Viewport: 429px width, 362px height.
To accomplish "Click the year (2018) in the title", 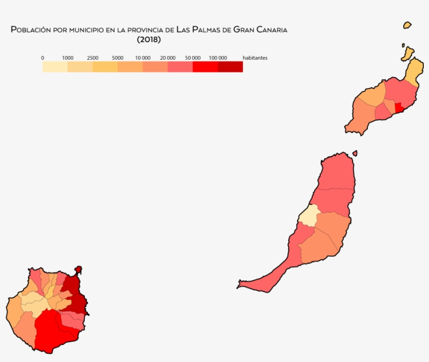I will [x=149, y=39].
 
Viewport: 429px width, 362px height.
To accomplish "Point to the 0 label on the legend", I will [x=42, y=58].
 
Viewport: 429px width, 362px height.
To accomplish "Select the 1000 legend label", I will [x=67, y=58].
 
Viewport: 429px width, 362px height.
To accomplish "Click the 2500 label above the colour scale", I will [x=93, y=58].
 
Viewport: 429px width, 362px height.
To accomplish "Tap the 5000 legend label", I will [x=118, y=58].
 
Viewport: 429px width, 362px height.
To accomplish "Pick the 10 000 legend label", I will [x=143, y=58].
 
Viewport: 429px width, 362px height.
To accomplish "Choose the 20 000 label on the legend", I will [x=168, y=58].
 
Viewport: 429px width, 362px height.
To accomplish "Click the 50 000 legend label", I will [x=193, y=58].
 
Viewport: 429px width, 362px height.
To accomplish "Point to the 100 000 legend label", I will [x=218, y=58].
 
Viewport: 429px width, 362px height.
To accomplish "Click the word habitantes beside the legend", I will [x=255, y=58].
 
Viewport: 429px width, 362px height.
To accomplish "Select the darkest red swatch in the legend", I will [x=230, y=67].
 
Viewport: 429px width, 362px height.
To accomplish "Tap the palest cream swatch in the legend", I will [x=55, y=67].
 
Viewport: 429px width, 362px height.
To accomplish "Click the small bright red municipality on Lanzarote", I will [x=400, y=107].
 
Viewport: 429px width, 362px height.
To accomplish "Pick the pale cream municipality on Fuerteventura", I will [x=309, y=216].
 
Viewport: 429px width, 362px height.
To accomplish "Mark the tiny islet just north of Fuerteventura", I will [x=355, y=153].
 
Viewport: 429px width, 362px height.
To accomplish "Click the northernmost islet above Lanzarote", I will [x=407, y=25].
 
